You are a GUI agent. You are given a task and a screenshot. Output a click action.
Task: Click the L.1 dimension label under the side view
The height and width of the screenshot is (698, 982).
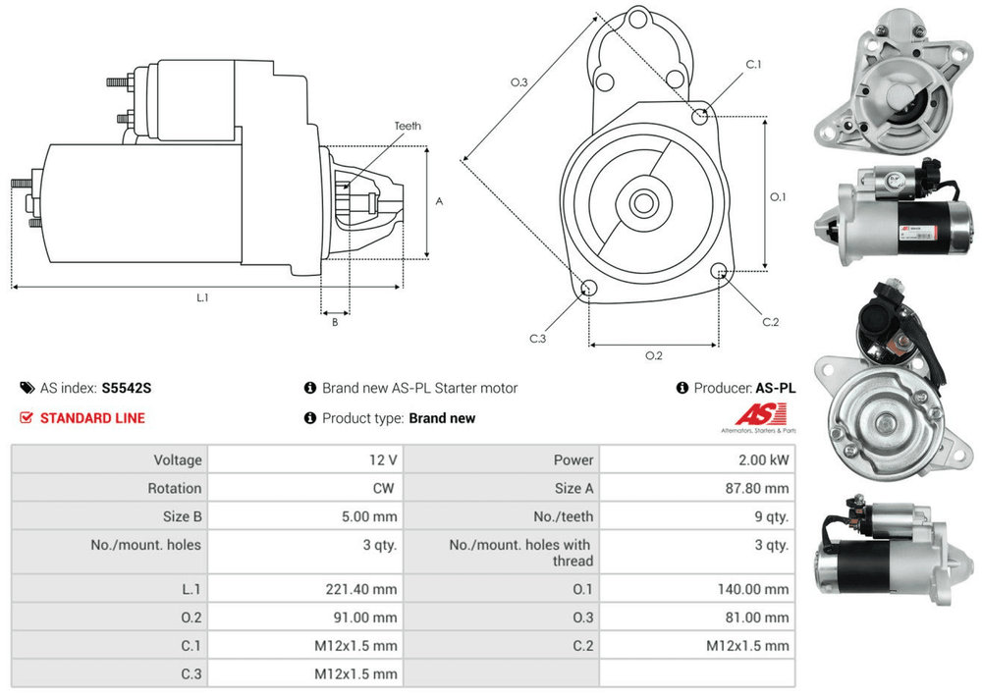[x=202, y=296]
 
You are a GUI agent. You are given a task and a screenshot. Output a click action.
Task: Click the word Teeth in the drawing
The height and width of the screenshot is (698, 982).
[x=408, y=127]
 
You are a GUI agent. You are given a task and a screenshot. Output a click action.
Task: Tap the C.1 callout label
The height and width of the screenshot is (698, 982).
[x=753, y=64]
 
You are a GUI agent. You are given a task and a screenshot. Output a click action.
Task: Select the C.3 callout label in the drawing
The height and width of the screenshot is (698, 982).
[x=537, y=339]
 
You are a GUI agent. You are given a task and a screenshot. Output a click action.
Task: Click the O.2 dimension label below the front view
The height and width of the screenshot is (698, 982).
[x=653, y=355]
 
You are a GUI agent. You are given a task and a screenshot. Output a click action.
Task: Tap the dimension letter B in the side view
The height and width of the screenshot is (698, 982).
[x=334, y=321]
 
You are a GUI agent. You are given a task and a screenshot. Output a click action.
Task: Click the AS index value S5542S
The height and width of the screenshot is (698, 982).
[x=127, y=388]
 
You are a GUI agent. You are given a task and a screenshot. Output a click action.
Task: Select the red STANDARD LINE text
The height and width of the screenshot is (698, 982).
[x=92, y=418]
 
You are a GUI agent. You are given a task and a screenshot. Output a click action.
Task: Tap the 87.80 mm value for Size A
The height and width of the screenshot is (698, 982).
[x=757, y=488]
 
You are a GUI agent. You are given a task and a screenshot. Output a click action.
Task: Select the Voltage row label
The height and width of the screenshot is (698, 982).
[x=177, y=459]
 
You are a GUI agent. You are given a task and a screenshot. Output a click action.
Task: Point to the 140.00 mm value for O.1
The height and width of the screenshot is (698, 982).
[x=753, y=589]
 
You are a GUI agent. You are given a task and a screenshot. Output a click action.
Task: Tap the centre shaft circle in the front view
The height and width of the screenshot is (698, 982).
[x=643, y=204]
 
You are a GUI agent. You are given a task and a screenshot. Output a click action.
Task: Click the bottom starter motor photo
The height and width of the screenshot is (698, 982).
[x=890, y=546]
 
